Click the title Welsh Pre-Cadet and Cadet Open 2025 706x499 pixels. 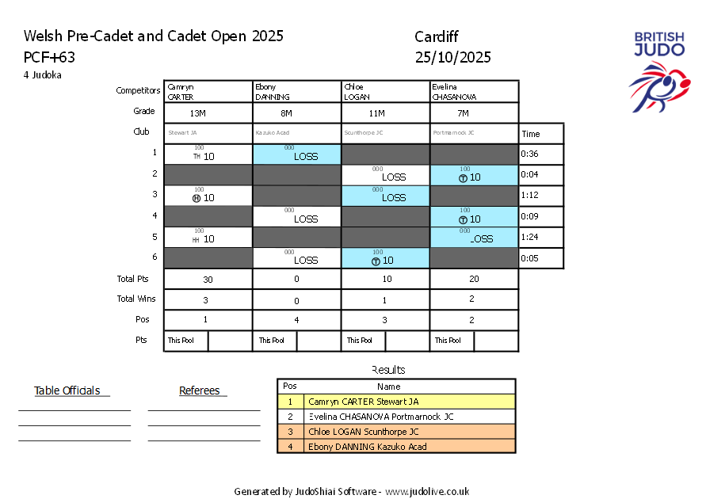click(154, 36)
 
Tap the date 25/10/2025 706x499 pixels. click(452, 57)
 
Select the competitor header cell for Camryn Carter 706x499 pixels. click(208, 91)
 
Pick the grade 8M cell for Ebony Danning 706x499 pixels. click(296, 112)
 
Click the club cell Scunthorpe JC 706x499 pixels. click(385, 133)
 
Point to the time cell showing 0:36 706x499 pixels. click(541, 154)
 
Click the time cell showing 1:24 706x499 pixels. click(541, 237)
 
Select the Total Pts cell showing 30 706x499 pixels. click(208, 279)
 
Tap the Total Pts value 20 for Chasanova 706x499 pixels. click(474, 279)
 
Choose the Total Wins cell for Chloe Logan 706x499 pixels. click(385, 299)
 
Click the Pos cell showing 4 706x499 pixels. click(296, 320)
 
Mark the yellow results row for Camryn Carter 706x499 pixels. click(396, 402)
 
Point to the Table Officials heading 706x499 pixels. click(67, 390)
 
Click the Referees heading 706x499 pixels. click(202, 390)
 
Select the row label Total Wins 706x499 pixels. click(136, 299)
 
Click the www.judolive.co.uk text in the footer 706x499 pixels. click(427, 491)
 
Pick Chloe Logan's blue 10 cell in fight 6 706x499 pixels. click(385, 258)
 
